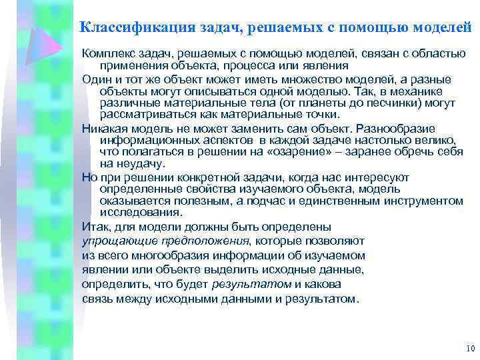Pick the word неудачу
(x=132, y=164)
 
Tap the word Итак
(x=96, y=227)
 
